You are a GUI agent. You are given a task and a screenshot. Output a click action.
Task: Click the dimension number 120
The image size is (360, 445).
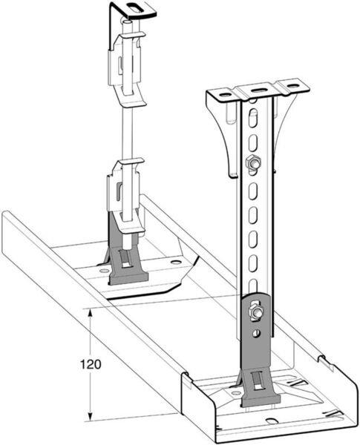(x=91, y=364)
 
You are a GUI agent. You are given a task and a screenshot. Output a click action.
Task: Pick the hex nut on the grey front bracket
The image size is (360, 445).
(x=257, y=311)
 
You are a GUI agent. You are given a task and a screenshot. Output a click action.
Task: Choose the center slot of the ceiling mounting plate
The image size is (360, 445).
(x=258, y=90)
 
